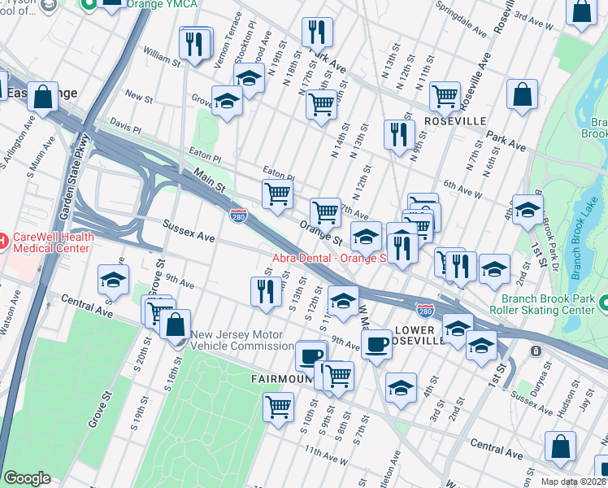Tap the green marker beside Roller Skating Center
pyautogui.click(x=602, y=303)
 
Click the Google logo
pyautogui.click(x=27, y=478)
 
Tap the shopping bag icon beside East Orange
pyautogui.click(x=44, y=95)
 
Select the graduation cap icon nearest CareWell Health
pyautogui.click(x=113, y=280)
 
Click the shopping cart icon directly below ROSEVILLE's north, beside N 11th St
pyautogui.click(x=445, y=96)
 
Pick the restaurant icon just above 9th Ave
pyautogui.click(x=265, y=292)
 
